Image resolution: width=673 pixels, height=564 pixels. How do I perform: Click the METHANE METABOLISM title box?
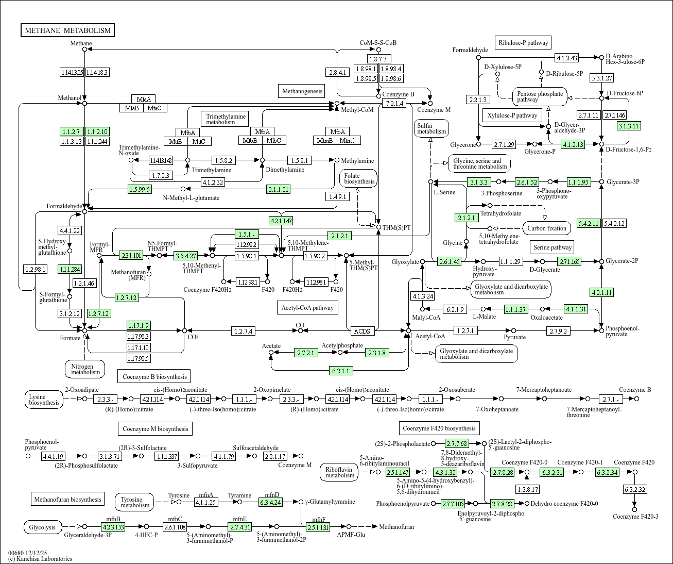pos(67,30)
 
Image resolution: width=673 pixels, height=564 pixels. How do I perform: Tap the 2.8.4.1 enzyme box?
pos(337,72)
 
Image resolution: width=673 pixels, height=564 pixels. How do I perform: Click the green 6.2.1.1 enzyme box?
pos(341,371)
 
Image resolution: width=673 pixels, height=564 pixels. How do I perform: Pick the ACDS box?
pos(363,331)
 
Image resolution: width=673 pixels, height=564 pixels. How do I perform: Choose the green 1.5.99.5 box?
pos(140,189)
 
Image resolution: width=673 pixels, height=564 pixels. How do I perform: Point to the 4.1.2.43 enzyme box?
pos(567,58)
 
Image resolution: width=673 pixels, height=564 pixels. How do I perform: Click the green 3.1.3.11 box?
pos(629,126)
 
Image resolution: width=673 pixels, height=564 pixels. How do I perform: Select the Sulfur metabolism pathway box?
pos(432,128)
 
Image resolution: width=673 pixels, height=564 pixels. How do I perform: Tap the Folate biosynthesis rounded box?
pos(358,178)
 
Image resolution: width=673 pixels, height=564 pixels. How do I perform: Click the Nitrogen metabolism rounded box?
pos(85,369)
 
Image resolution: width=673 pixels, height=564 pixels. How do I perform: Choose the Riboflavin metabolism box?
pos(339,472)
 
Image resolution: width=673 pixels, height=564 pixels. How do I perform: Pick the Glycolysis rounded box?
pos(43,527)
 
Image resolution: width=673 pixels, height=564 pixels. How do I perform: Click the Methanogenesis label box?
pos(302,91)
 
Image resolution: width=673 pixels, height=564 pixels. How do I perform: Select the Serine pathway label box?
pos(552,247)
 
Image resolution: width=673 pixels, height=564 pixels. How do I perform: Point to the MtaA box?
pos(144,99)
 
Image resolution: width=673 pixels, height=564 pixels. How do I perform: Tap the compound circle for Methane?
pos(85,49)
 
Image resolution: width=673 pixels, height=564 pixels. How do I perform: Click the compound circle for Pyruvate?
pos(514,331)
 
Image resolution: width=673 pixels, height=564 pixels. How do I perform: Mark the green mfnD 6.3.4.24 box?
pos(270,502)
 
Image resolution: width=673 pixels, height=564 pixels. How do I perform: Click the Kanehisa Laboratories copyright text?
pos(40,558)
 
